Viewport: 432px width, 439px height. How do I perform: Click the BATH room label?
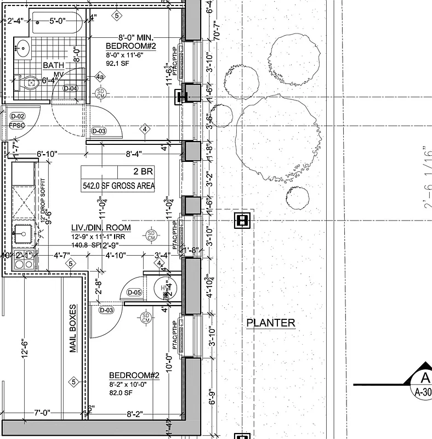53,65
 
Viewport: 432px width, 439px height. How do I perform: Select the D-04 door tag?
70,88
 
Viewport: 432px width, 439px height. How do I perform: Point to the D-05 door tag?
134,292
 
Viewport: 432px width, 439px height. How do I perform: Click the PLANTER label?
270,323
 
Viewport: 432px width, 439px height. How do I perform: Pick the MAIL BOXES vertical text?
73,329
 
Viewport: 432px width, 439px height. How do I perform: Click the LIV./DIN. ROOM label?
101,227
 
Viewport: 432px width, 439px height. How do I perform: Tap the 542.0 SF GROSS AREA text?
118,185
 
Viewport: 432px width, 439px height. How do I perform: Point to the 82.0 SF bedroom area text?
121,392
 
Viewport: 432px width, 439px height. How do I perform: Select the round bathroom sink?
23,48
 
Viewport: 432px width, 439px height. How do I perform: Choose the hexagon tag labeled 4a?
100,77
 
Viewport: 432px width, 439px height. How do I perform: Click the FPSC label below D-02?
18,126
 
